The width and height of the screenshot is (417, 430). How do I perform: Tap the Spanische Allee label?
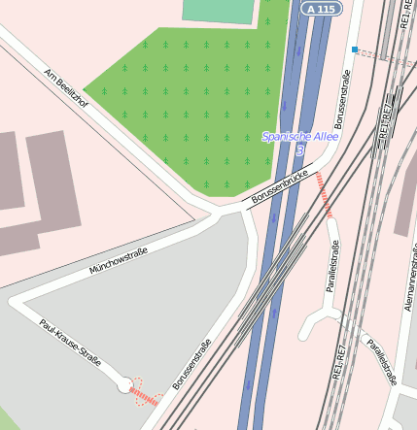tap(298, 137)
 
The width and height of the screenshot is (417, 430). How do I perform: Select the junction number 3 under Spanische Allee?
tap(300, 151)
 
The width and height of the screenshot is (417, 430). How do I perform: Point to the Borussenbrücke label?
tap(279, 185)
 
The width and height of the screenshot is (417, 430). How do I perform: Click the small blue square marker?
tap(356, 49)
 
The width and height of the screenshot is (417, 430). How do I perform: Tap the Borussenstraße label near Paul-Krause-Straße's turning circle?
tap(192, 364)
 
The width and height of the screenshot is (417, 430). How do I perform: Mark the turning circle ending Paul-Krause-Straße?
tap(125, 385)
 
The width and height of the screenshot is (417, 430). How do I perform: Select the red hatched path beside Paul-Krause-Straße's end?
tap(146, 396)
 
